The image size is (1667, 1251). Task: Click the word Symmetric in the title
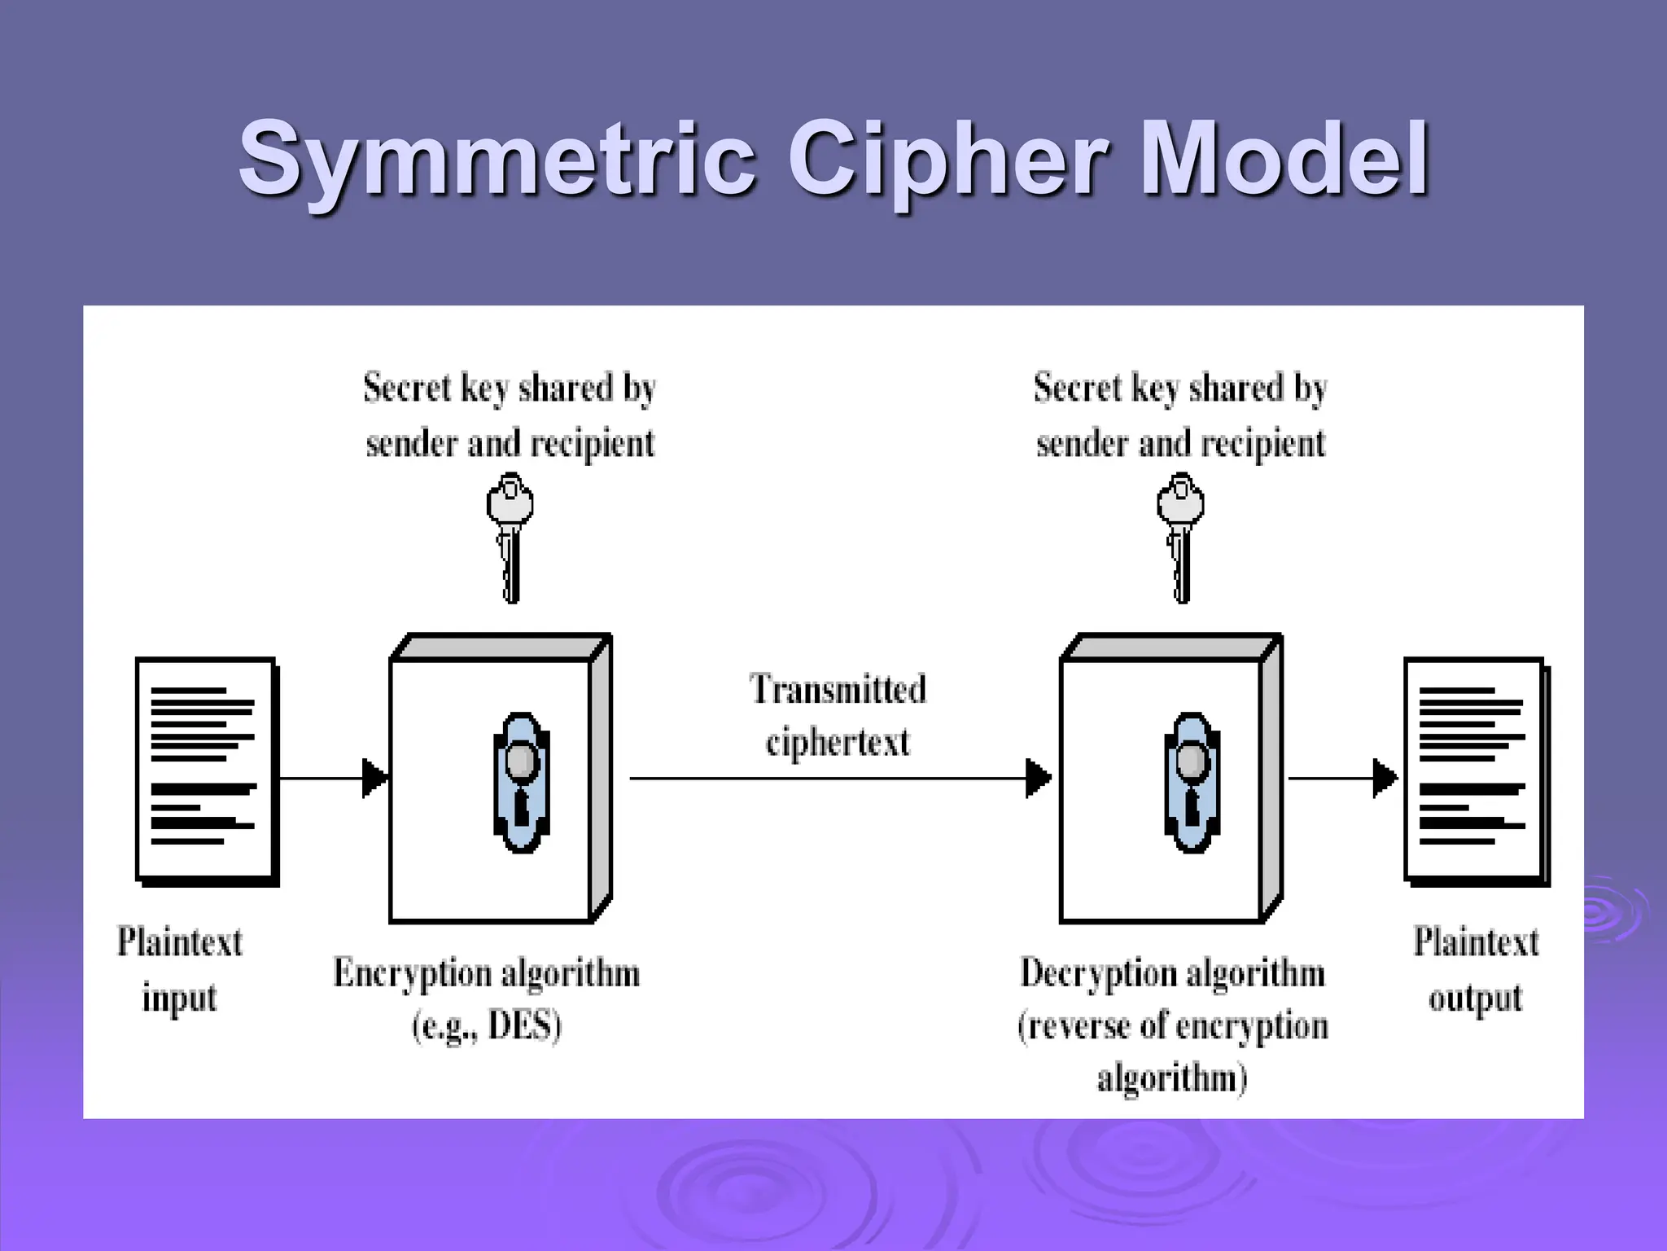point(497,159)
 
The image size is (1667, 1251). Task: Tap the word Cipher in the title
point(947,159)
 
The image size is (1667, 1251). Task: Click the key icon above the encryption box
point(510,538)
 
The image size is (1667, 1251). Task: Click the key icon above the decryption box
point(1180,538)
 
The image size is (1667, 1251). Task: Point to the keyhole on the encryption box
point(521,782)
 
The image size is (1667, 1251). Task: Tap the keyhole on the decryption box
point(1192,782)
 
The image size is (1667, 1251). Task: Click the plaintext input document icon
point(207,770)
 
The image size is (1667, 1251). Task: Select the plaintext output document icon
point(1475,770)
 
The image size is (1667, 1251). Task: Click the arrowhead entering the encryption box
point(374,778)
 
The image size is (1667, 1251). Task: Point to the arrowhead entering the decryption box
point(1038,778)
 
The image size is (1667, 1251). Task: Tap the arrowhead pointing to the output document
point(1384,778)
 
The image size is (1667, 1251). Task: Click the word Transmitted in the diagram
point(838,689)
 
